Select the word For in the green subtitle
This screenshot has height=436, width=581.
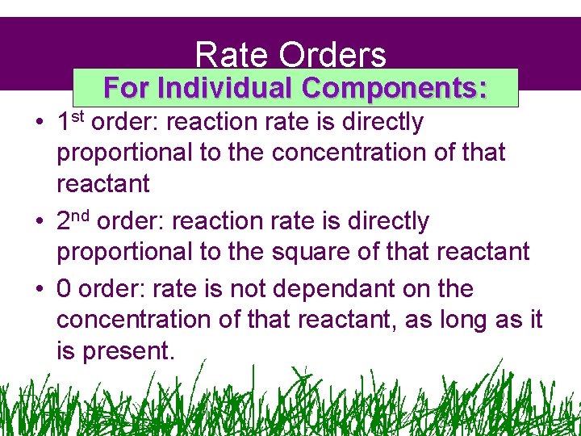127,87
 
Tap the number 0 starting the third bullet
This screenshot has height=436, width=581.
64,289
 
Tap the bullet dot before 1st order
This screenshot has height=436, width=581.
39,124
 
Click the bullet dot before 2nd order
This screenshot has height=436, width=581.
39,222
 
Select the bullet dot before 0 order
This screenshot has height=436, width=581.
39,290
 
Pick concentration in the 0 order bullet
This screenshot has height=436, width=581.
134,320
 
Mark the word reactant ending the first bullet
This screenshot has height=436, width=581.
102,184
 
